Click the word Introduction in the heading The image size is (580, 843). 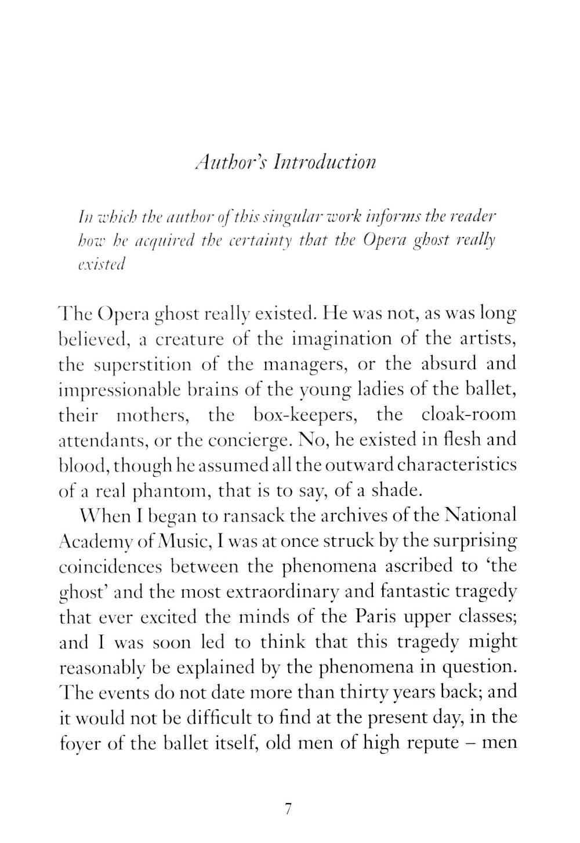(x=325, y=162)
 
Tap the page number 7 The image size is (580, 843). (x=288, y=809)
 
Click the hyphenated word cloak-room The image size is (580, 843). (x=468, y=415)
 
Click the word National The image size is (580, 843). (x=480, y=516)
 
